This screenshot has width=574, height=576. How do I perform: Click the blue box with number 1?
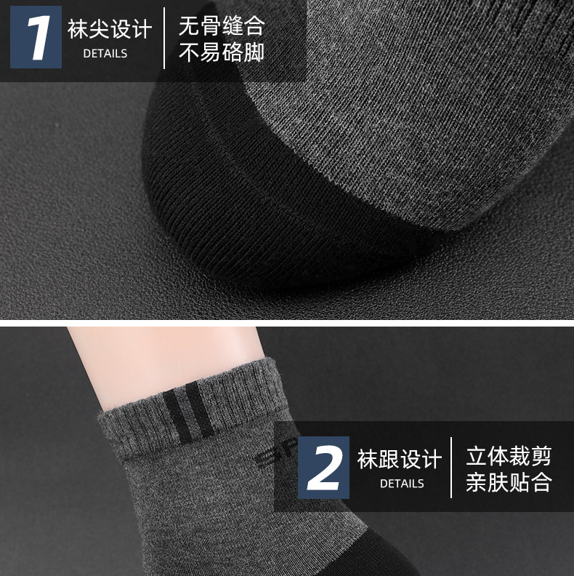(x=36, y=37)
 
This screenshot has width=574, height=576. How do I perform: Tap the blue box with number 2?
(x=323, y=468)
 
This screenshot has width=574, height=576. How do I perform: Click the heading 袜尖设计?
(x=110, y=29)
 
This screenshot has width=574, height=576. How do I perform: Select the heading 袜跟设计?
(x=400, y=459)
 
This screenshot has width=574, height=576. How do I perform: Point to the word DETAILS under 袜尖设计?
(x=105, y=54)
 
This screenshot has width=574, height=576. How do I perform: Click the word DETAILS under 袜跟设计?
(x=402, y=484)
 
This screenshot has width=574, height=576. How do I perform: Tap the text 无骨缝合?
(x=222, y=25)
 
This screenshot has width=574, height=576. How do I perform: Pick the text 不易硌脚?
(x=222, y=52)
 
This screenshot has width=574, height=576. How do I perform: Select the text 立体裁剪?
(x=509, y=456)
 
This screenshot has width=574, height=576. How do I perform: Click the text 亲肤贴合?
(x=509, y=482)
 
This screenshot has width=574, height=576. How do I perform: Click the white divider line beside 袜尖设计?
(x=164, y=38)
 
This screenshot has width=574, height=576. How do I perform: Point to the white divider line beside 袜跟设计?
(x=451, y=468)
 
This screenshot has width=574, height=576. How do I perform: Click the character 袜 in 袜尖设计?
(x=78, y=29)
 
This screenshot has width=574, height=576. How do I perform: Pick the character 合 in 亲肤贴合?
(x=542, y=482)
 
